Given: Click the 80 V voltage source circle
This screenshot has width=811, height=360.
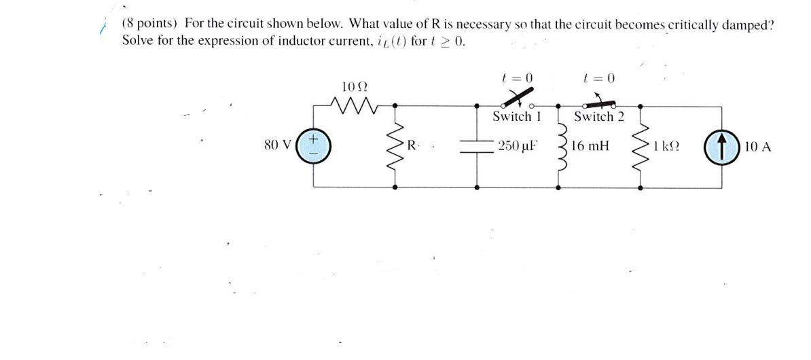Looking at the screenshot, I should (x=314, y=146).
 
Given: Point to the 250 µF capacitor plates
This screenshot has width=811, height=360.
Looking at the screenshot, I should (x=477, y=146).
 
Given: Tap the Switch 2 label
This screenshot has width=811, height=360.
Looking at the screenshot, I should (x=598, y=117).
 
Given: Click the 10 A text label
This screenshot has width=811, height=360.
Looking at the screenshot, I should (x=757, y=145).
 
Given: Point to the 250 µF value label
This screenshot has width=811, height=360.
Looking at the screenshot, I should (x=518, y=145).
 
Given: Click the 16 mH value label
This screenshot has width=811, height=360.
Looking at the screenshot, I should (x=590, y=145).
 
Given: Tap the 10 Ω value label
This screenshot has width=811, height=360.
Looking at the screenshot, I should (x=355, y=87).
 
